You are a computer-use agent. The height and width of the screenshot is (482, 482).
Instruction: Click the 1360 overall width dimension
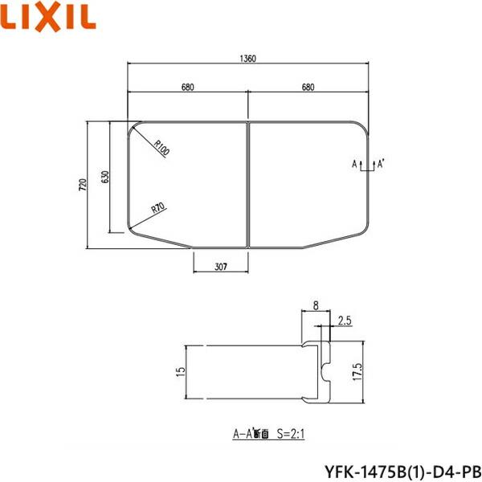247,57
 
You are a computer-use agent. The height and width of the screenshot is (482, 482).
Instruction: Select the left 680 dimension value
187,88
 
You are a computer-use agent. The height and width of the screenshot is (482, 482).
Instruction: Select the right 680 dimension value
308,88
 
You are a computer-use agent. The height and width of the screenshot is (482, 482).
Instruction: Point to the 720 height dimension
82,186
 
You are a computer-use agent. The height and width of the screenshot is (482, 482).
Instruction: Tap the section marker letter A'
380,164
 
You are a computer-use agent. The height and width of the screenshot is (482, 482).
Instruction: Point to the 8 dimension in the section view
317,305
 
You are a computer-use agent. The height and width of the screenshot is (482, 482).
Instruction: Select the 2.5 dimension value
344,321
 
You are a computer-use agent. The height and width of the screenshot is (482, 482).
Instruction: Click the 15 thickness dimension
181,371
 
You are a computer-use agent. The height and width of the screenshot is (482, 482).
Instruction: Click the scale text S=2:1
293,434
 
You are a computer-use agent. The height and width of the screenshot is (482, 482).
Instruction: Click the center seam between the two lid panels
247,185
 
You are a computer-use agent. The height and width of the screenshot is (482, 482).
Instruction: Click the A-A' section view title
250,434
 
